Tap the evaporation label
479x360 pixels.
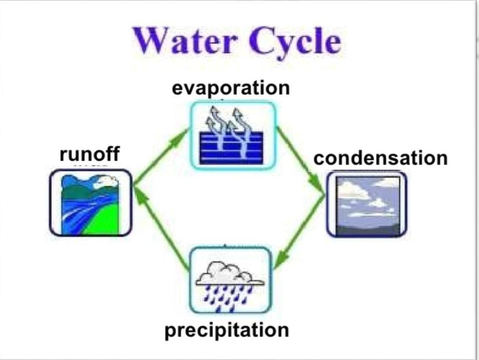pos(231,88)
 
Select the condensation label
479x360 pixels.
pos(381,158)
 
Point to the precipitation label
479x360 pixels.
pos(227,330)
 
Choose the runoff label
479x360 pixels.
pos(89,154)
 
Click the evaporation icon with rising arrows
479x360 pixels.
pos(232,135)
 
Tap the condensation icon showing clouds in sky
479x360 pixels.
pos(367,204)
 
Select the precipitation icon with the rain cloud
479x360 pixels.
pos(230,280)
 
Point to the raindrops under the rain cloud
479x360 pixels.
pos(227,297)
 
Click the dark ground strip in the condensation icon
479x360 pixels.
pos(367,229)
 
